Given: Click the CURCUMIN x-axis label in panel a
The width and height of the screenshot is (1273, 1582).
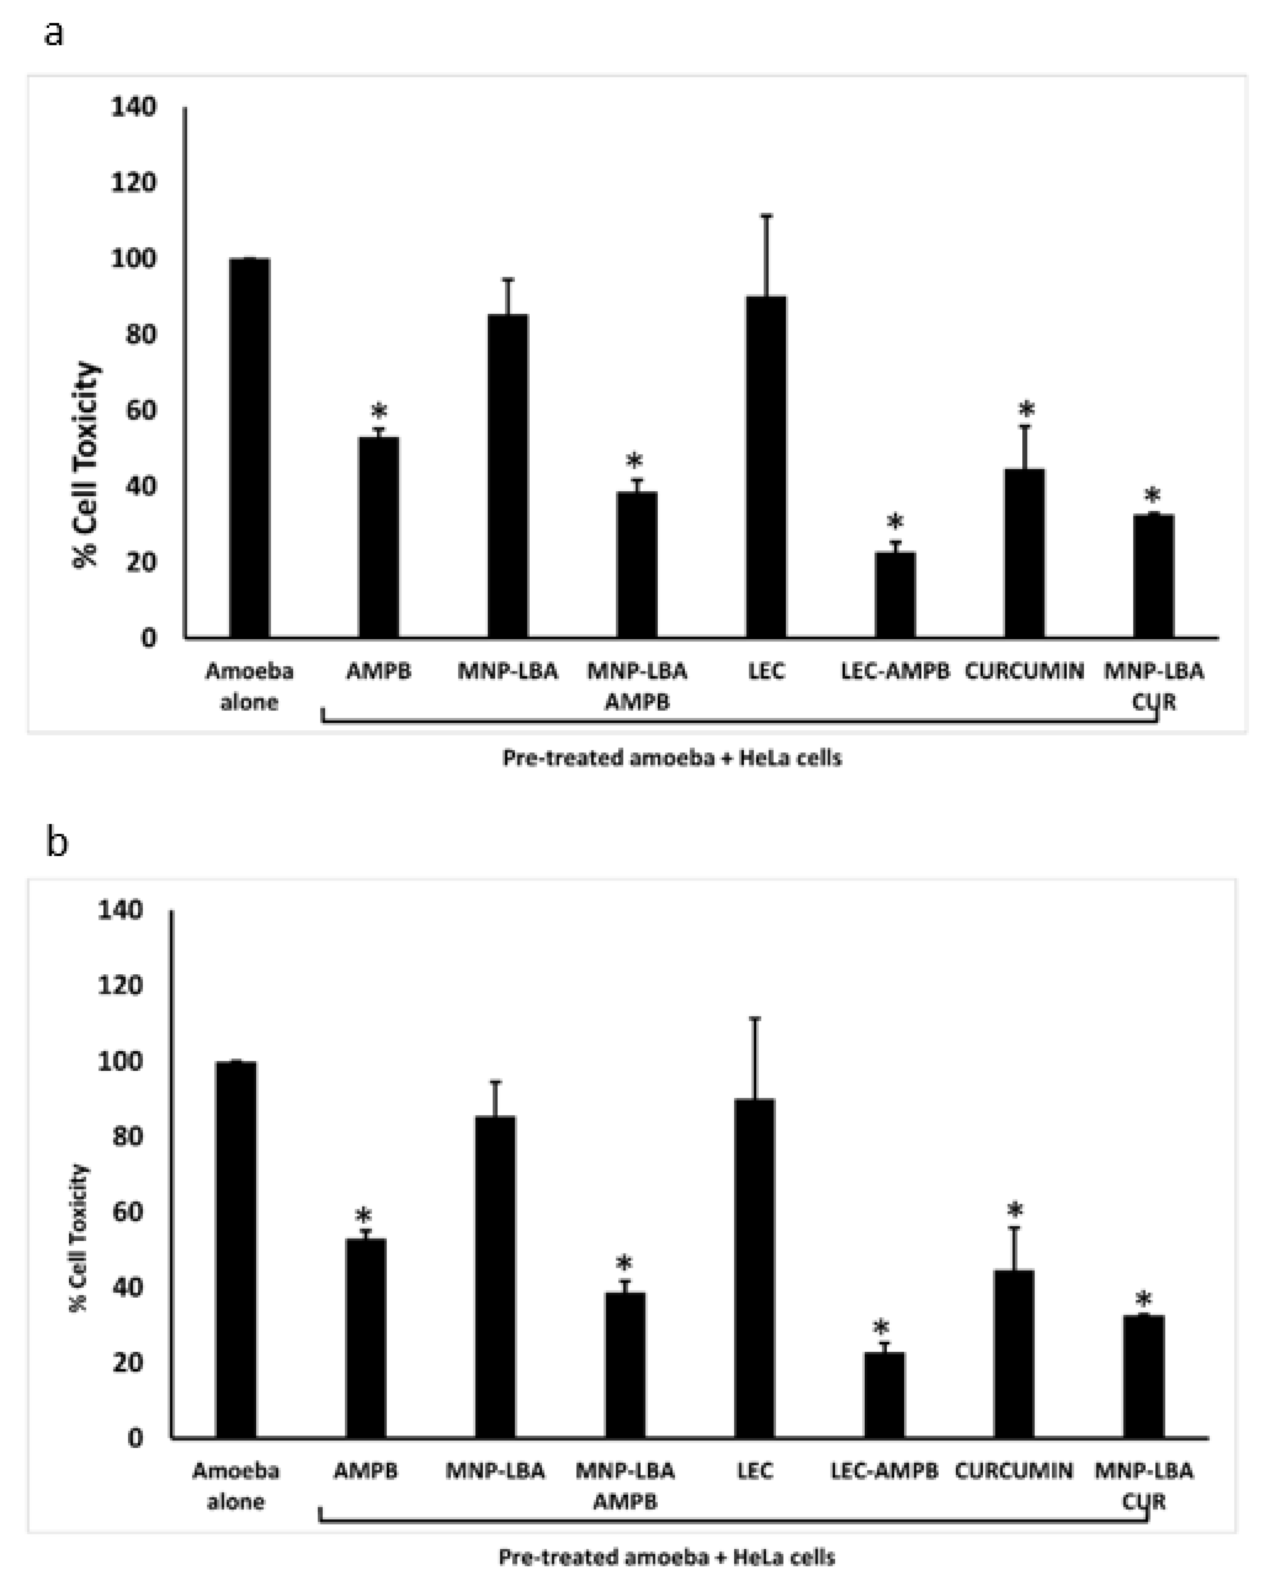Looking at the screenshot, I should point(1024,671).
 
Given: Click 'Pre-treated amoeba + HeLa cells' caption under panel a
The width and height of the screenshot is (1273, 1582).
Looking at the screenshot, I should point(672,758).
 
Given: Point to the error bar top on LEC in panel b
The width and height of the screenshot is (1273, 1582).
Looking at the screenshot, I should point(755,1019).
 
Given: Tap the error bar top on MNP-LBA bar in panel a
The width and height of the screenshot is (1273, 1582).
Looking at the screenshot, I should point(508,280).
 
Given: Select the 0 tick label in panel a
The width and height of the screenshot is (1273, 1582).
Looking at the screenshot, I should point(148,638).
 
